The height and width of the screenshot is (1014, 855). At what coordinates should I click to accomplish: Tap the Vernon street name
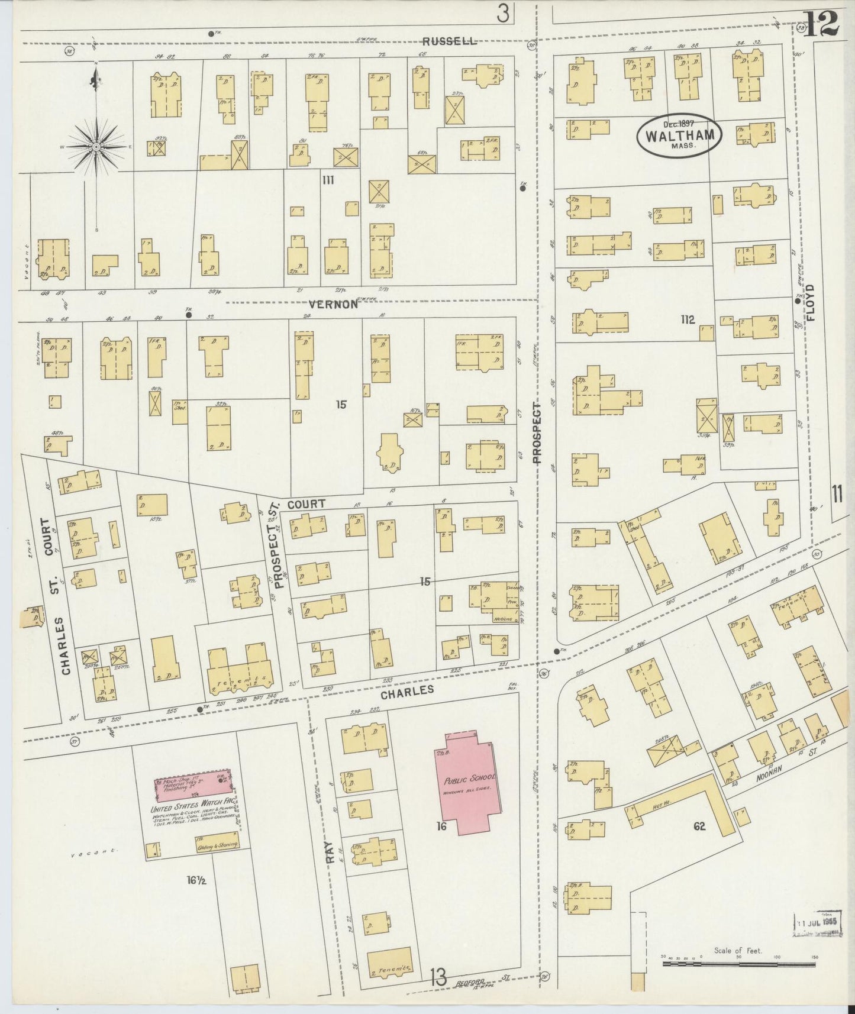(x=334, y=304)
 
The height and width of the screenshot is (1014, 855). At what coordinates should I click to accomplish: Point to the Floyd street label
(x=809, y=303)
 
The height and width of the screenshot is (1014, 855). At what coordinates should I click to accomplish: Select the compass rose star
(x=96, y=146)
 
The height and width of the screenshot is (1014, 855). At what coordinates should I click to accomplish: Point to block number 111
(x=327, y=180)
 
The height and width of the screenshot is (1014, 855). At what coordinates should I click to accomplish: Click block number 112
(x=687, y=320)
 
